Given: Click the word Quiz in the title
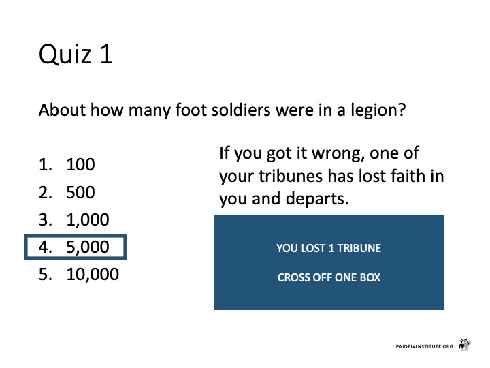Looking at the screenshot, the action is tap(65, 55).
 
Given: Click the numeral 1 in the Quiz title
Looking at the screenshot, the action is tap(107, 54).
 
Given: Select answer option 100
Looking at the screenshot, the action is tap(80, 165).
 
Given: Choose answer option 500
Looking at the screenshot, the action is tap(80, 192).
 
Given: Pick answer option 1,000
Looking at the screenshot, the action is tap(88, 219).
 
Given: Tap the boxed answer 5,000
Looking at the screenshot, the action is tap(76, 247).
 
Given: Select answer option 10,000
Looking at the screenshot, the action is tap(93, 275).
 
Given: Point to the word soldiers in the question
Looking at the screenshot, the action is tap(241, 110).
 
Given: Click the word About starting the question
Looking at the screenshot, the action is tap(62, 110).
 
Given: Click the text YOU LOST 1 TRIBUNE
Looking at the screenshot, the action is tap(329, 249).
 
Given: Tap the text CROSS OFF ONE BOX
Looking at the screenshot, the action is tap(329, 277).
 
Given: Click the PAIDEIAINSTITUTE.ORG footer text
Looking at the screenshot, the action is tap(424, 346).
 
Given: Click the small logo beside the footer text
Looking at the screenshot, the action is tap(465, 345).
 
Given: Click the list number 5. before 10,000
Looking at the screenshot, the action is tap(46, 275).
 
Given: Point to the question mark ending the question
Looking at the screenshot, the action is tap(402, 110).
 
